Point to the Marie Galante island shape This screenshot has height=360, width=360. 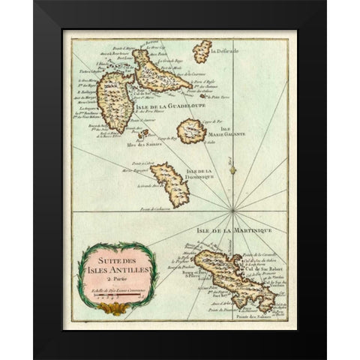pyautogui.click(x=191, y=132)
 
